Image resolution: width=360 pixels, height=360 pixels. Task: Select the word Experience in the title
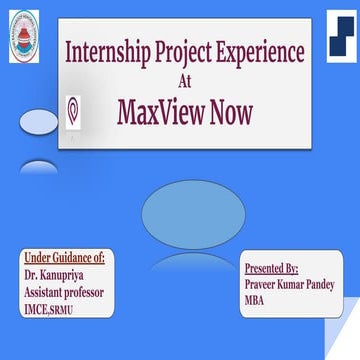[x=264, y=52]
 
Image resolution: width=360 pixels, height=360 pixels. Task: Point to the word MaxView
[x=161, y=112]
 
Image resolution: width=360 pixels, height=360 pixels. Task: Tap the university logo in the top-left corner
[x=25, y=37]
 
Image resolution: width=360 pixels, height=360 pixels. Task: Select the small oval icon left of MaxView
[x=73, y=111]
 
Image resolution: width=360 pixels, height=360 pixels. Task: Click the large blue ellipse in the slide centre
[x=193, y=214]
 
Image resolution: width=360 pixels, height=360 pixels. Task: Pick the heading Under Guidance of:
[x=64, y=258]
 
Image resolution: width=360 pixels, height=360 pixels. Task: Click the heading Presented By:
[x=272, y=268]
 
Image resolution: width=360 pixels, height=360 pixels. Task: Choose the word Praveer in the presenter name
[x=263, y=284]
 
